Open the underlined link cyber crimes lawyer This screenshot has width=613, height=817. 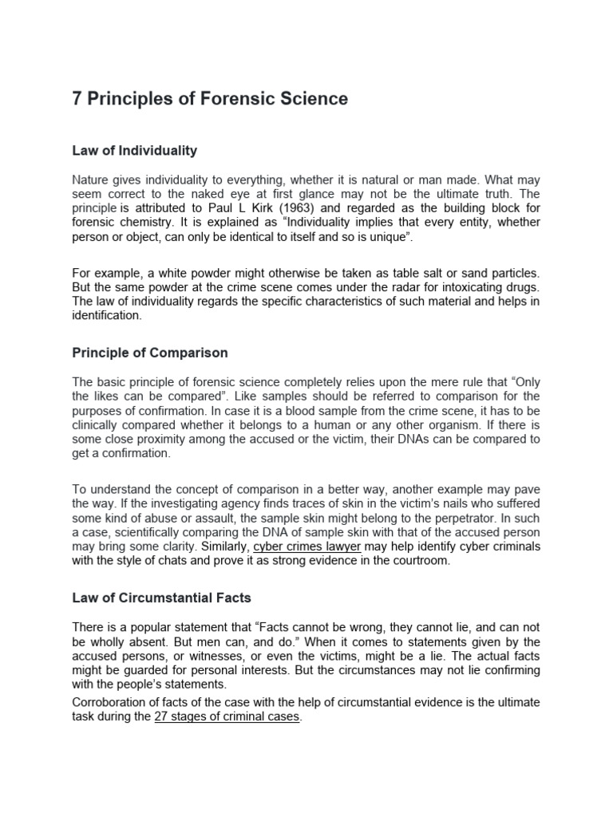[307, 546]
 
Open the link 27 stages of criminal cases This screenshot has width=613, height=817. [227, 716]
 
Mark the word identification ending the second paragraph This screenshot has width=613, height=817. [105, 315]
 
